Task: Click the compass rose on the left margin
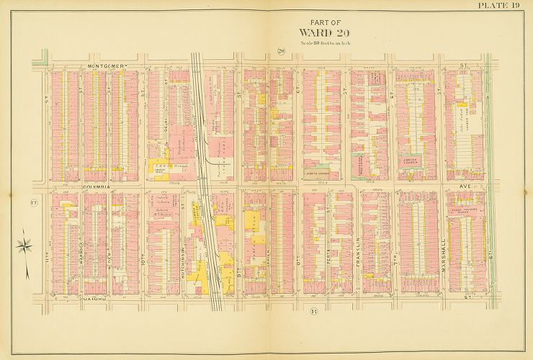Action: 24,246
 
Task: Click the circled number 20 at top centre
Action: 282,50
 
